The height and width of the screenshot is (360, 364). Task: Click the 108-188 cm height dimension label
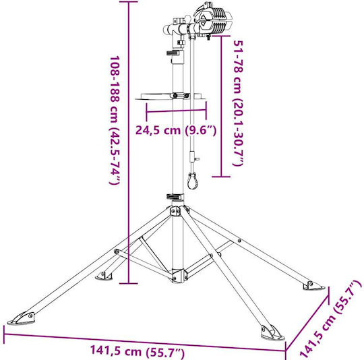click(x=115, y=120)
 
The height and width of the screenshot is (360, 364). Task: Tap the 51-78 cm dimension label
click(x=238, y=103)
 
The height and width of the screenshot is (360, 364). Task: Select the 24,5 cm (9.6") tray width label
click(x=176, y=130)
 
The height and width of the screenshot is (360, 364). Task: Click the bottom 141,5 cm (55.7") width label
click(x=138, y=352)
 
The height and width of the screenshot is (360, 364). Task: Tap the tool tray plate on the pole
click(x=171, y=96)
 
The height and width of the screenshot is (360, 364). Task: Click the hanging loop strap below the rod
click(x=192, y=181)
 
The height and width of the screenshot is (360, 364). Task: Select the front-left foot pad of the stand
click(x=21, y=318)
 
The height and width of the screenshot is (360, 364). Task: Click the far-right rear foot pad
click(x=313, y=286)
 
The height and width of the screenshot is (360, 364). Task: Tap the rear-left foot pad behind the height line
click(x=104, y=276)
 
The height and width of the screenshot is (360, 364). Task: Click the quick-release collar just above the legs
click(x=175, y=197)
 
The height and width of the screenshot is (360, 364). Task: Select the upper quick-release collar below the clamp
click(x=175, y=53)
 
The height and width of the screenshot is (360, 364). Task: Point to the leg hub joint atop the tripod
click(x=178, y=210)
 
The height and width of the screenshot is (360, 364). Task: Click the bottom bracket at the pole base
click(x=178, y=276)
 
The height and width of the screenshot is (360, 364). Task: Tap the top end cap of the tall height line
click(x=128, y=2)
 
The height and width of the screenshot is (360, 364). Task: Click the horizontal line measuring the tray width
click(x=176, y=111)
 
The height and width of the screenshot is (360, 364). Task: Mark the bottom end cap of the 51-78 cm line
click(x=221, y=177)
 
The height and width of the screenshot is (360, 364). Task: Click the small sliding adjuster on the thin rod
click(x=193, y=156)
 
